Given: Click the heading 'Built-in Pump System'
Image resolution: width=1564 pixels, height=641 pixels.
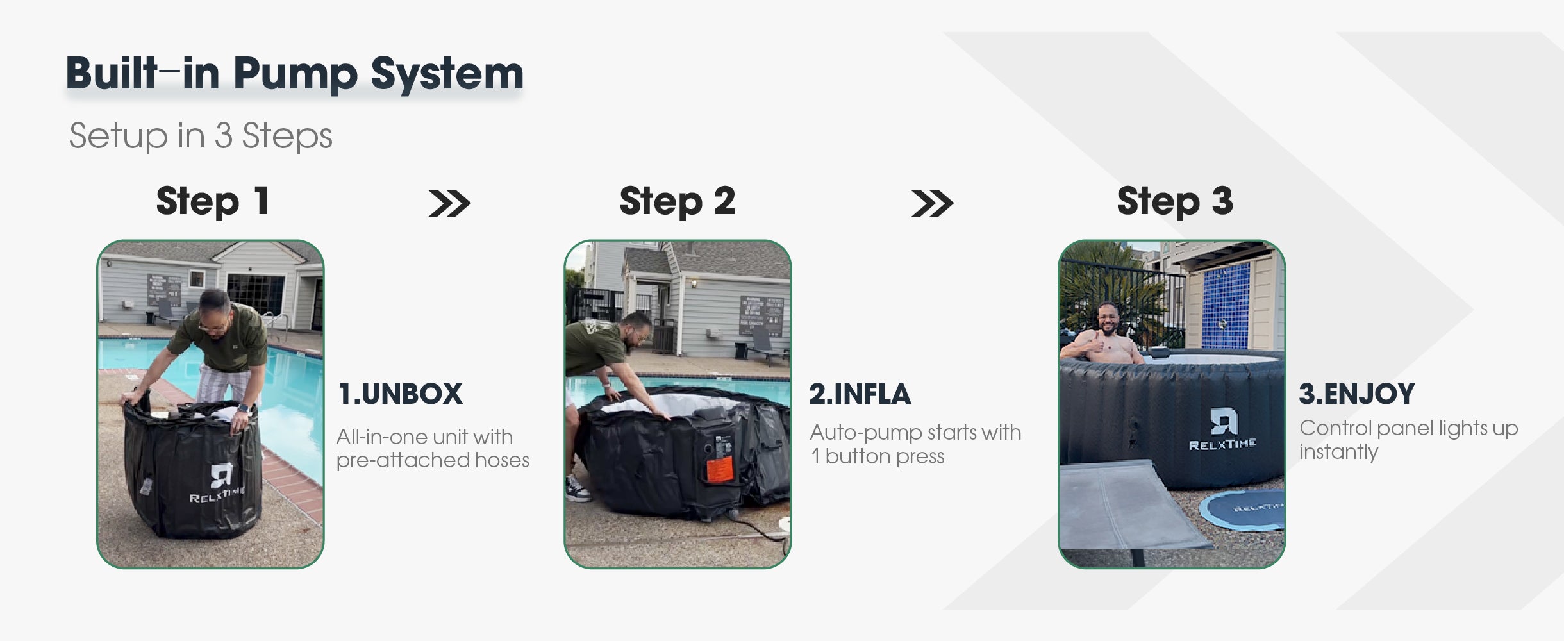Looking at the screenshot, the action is pos(295,74).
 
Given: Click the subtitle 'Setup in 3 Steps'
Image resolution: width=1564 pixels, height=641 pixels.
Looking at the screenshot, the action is pos(201,135).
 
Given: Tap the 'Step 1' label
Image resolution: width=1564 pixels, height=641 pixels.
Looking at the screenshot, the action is pos(212,201).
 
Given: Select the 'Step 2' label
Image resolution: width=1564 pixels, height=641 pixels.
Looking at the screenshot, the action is pos(677,201).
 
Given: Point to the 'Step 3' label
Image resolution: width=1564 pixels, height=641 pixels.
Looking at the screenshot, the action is pos(1174,201).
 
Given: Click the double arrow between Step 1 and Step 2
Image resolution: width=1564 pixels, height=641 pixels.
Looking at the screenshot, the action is pos(449,204).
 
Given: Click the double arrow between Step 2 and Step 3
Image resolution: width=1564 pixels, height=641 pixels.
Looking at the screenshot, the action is pos(932,204).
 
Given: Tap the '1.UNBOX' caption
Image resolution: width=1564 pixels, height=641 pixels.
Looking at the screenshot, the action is pos(400,394).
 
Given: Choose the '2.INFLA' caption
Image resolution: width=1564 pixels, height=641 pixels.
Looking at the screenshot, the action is pos(860,394).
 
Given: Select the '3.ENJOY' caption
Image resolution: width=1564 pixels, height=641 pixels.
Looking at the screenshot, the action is pos(1356,394).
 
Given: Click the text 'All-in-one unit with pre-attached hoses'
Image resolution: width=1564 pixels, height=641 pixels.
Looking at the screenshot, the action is pos(433,449).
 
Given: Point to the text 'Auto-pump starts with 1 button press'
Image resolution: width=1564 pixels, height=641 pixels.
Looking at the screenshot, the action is pos(915,444).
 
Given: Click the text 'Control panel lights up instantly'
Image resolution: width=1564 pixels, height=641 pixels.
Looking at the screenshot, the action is pos(1409,440).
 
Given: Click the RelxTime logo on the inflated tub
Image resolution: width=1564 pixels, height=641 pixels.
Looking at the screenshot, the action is pos(1222,429).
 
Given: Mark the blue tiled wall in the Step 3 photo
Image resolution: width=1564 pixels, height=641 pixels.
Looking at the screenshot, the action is pos(1226,306).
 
